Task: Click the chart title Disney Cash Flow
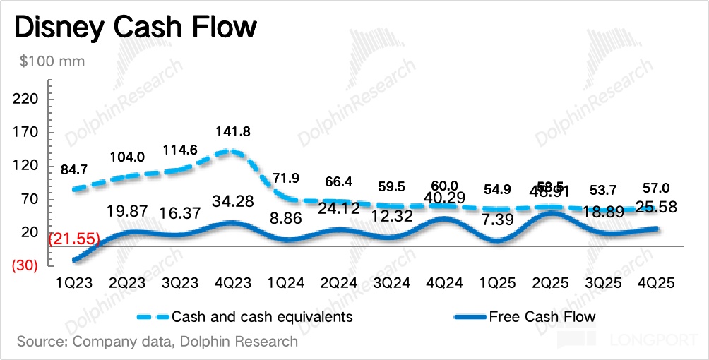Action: tap(135, 28)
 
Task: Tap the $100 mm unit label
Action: tap(52, 61)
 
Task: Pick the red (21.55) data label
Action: tap(73, 239)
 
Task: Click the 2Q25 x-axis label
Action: tap(552, 283)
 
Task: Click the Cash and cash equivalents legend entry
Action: tap(261, 316)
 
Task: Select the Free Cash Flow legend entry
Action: tap(542, 316)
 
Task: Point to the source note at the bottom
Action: tap(157, 342)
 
